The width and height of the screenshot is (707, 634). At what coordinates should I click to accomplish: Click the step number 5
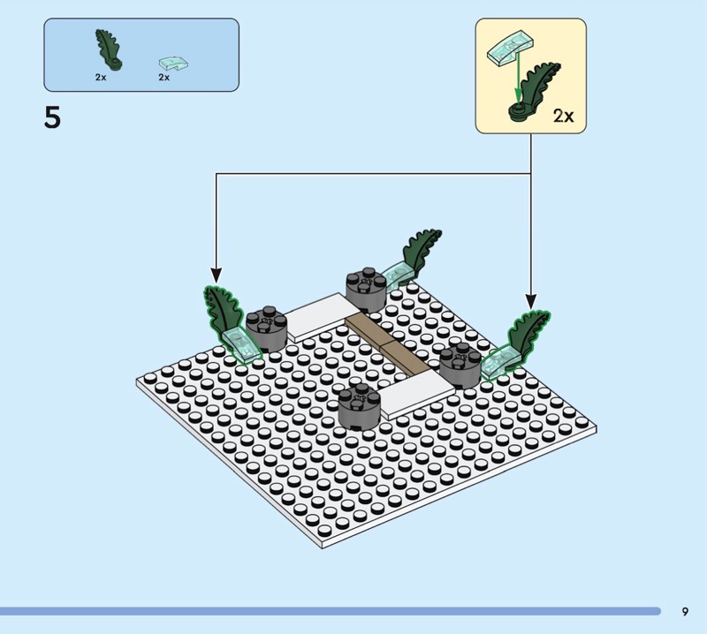point(52,118)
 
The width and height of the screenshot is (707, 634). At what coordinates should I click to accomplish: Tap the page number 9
point(685,611)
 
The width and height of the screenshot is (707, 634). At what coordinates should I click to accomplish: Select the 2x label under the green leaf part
point(101,77)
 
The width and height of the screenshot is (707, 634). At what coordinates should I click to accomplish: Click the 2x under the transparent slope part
point(163,77)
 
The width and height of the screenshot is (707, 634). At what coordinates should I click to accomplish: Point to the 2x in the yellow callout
point(563,116)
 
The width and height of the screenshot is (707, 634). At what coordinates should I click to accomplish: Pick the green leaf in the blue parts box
point(109,50)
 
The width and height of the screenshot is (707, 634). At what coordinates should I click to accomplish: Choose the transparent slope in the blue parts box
point(173,64)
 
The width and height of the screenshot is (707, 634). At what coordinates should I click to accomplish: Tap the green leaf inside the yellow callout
point(536,92)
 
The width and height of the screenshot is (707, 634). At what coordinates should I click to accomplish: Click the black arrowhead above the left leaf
point(216,275)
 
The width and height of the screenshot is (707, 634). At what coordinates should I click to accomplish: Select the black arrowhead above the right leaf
point(531,301)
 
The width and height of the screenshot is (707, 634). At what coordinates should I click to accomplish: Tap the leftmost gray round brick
point(266,329)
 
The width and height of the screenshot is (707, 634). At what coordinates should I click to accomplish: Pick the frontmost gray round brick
point(360,406)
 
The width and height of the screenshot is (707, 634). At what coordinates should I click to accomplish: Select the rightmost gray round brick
point(460,366)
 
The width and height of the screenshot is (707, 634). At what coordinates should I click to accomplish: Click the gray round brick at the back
point(366,290)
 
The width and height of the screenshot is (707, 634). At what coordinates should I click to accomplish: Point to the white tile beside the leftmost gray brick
point(321,316)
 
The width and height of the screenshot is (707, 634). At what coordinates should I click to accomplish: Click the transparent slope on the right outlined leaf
point(499,362)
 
